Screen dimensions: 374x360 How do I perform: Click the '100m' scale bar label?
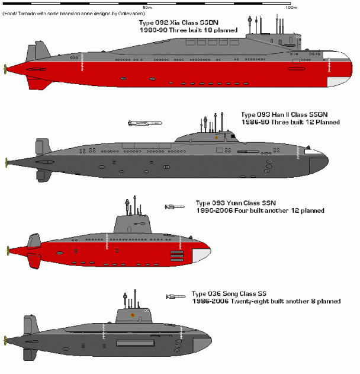pyautogui.click(x=291, y=8)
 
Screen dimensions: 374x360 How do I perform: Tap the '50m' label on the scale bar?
pyautogui.click(x=147, y=8)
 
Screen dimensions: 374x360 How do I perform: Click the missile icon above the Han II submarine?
pyautogui.click(x=144, y=123)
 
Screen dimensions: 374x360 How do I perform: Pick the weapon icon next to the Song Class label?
pyautogui.click(x=175, y=296)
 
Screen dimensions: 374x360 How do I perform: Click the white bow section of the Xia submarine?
pyautogui.click(x=340, y=71)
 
